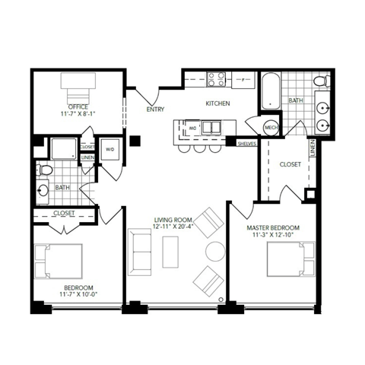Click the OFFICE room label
(77, 106)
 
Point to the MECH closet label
(271, 127)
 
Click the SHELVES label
(246, 142)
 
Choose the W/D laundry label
(109, 149)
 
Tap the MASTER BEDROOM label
(273, 227)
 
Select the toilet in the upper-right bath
(320, 81)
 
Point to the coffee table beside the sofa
(171, 251)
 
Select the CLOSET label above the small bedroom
(64, 214)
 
